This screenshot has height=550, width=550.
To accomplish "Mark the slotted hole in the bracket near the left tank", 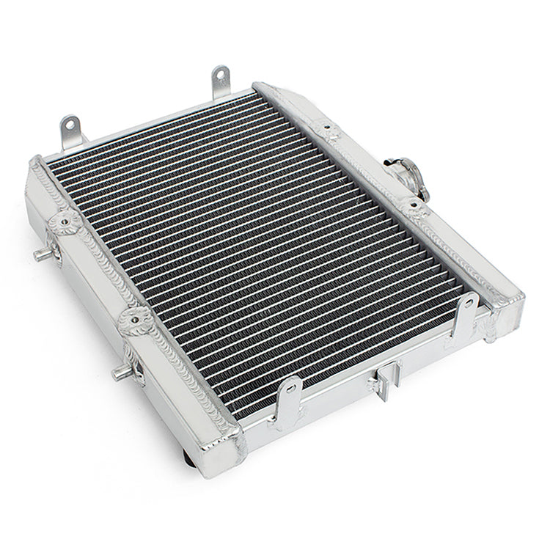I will pyautogui.click(x=290, y=389).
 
